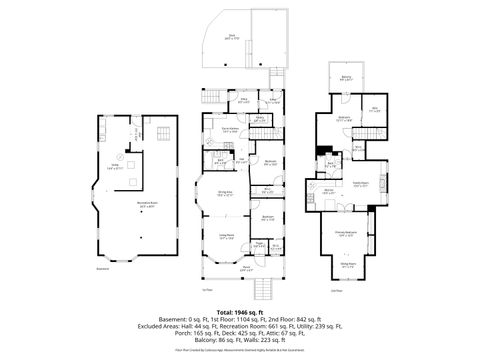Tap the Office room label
[243, 100]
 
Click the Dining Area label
[226, 194]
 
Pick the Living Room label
[227, 238]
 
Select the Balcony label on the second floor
[345, 79]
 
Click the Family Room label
[356, 185]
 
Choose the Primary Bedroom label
[344, 234]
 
